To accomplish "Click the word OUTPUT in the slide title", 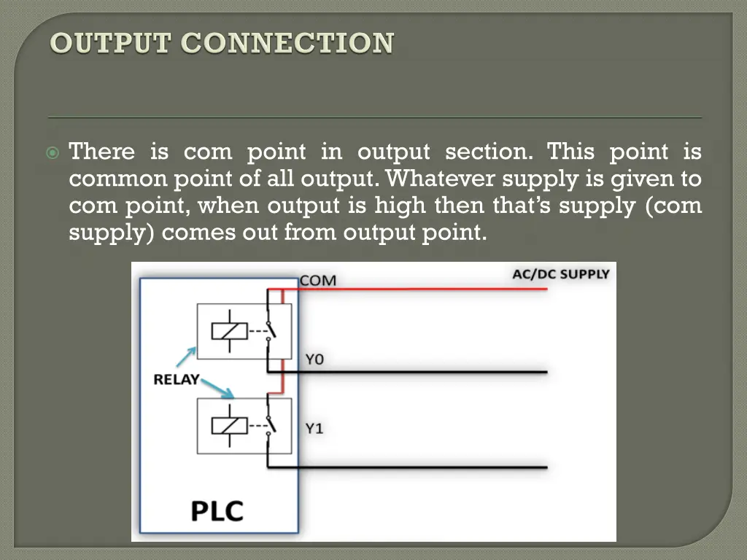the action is (x=112, y=43).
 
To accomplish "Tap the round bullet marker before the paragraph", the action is (x=52, y=153).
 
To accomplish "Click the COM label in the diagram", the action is (x=318, y=280).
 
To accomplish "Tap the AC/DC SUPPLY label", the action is (x=560, y=274).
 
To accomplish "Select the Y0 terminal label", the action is (x=314, y=359).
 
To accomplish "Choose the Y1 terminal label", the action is (x=314, y=428).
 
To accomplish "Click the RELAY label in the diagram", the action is (x=176, y=379).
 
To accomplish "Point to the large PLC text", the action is (x=217, y=510).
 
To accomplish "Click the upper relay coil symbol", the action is (x=224, y=331).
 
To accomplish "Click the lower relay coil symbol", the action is (x=224, y=425).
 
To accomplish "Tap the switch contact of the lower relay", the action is (x=270, y=422).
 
